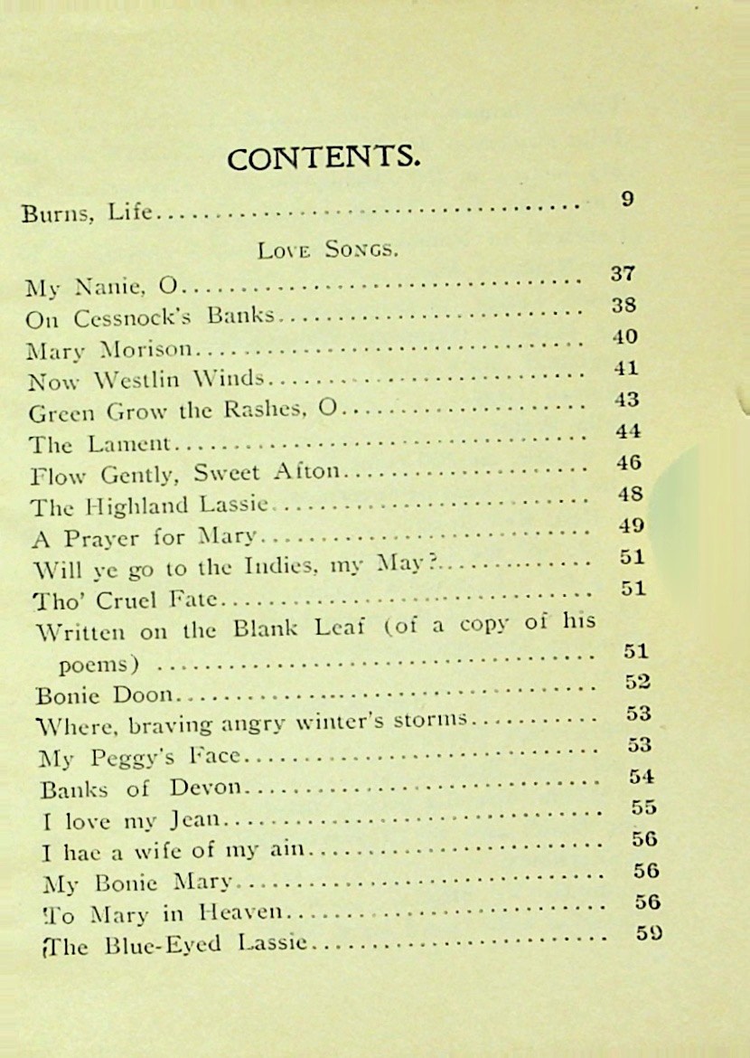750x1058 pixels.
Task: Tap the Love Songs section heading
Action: pos(328,250)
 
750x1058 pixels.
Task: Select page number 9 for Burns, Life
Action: pos(628,199)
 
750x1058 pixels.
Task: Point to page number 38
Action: pos(623,305)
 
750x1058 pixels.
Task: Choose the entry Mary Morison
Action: pos(109,350)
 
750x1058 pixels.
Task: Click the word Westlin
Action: pos(137,381)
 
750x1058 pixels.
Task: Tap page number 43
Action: pos(625,399)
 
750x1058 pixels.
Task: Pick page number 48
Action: pos(630,494)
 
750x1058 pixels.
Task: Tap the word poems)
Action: pos(98,666)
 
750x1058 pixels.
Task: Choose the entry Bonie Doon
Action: pos(108,695)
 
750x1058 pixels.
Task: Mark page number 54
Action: pos(642,776)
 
